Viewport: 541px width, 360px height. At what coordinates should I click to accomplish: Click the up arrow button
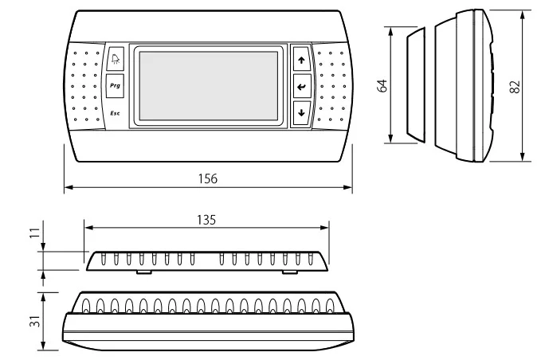pyautogui.click(x=300, y=59)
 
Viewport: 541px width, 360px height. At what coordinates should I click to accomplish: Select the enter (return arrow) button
pyautogui.click(x=300, y=86)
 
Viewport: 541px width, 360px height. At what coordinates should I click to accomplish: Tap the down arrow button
pyautogui.click(x=300, y=112)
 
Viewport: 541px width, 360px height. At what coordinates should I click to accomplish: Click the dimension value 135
pyautogui.click(x=206, y=217)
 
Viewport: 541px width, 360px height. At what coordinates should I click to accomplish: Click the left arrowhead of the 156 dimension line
pyautogui.click(x=66, y=188)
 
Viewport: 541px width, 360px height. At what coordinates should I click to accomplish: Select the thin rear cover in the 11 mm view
pyautogui.click(x=206, y=261)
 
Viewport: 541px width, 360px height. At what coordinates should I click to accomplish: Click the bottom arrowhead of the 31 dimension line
pyautogui.click(x=45, y=347)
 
